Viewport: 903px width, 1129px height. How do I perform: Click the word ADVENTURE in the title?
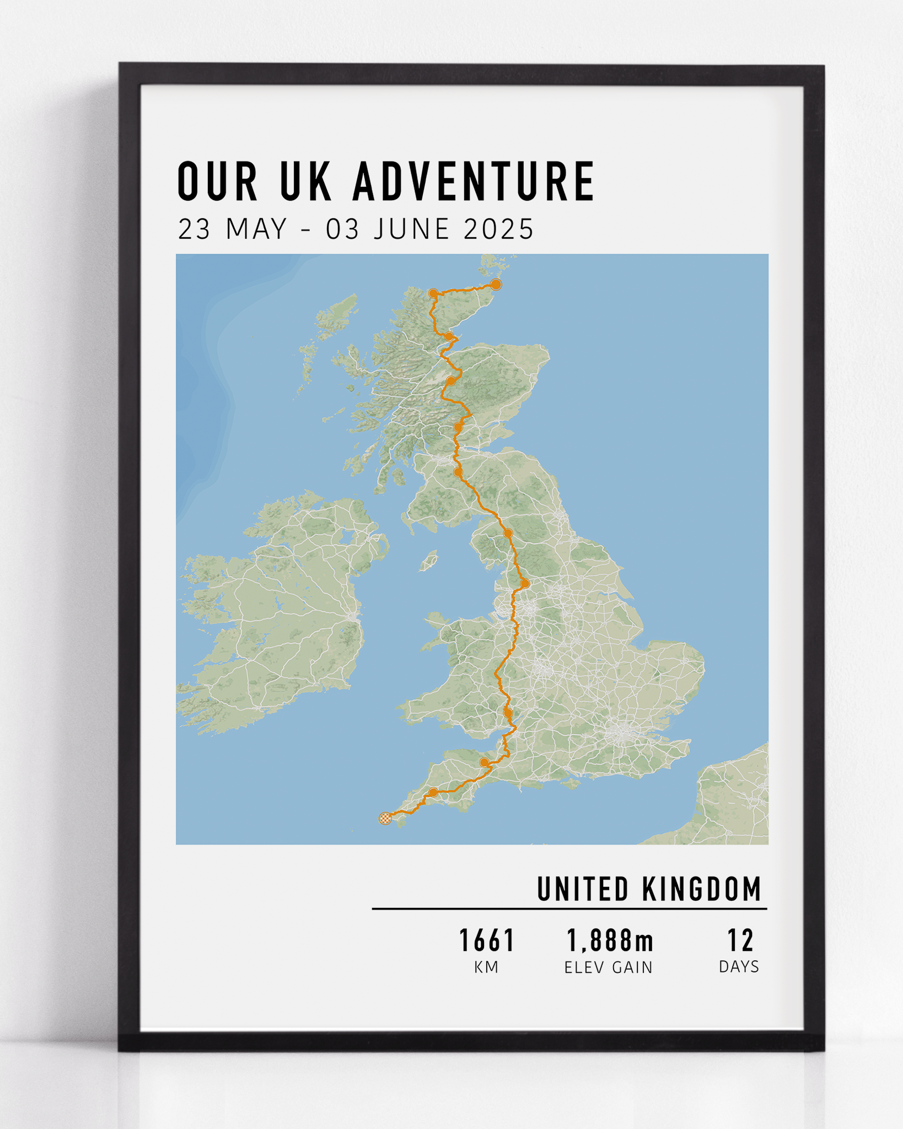click(474, 181)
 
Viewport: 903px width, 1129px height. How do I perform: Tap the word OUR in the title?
click(217, 181)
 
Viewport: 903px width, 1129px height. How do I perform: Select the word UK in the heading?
click(306, 181)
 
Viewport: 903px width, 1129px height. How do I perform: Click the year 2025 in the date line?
click(498, 229)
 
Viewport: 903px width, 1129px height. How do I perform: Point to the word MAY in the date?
click(256, 229)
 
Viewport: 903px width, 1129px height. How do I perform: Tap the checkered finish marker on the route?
click(385, 818)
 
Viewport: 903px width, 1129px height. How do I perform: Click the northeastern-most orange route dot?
click(496, 284)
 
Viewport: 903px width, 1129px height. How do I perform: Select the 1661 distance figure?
click(487, 941)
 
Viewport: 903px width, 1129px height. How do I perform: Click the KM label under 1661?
click(486, 967)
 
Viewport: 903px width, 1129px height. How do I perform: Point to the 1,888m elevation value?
click(610, 941)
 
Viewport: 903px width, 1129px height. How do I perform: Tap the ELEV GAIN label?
click(609, 967)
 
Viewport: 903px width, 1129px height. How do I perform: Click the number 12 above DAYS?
click(740, 941)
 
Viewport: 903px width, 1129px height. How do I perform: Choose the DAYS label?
click(739, 967)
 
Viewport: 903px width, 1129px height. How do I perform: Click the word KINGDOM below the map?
click(701, 889)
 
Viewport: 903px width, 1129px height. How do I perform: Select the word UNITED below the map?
click(583, 889)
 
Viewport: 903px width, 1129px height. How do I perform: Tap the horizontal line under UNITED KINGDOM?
click(569, 908)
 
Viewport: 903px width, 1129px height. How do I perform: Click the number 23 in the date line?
click(194, 229)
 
